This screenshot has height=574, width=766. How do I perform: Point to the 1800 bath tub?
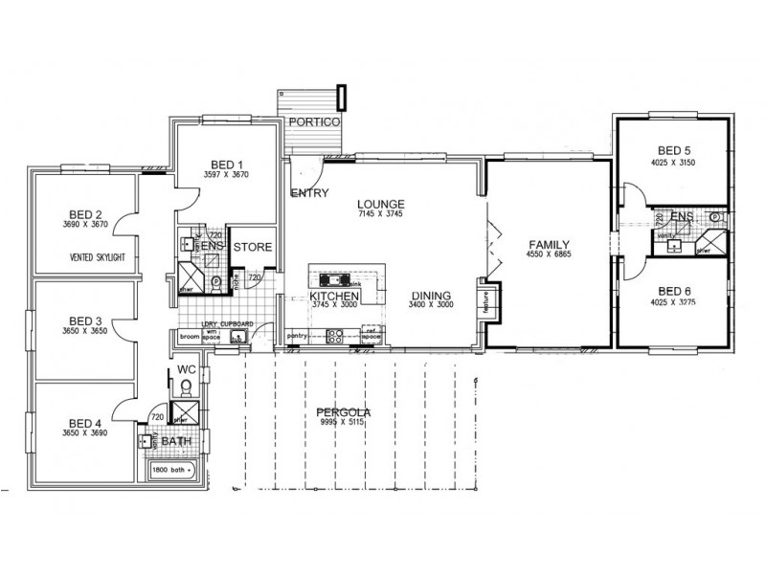[172, 469]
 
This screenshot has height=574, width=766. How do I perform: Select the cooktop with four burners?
[336, 336]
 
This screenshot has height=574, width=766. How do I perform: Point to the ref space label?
[372, 336]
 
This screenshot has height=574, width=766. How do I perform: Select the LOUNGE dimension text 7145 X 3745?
[383, 215]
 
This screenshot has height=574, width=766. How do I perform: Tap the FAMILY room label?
[549, 244]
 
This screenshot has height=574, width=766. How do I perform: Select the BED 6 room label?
[673, 294]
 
